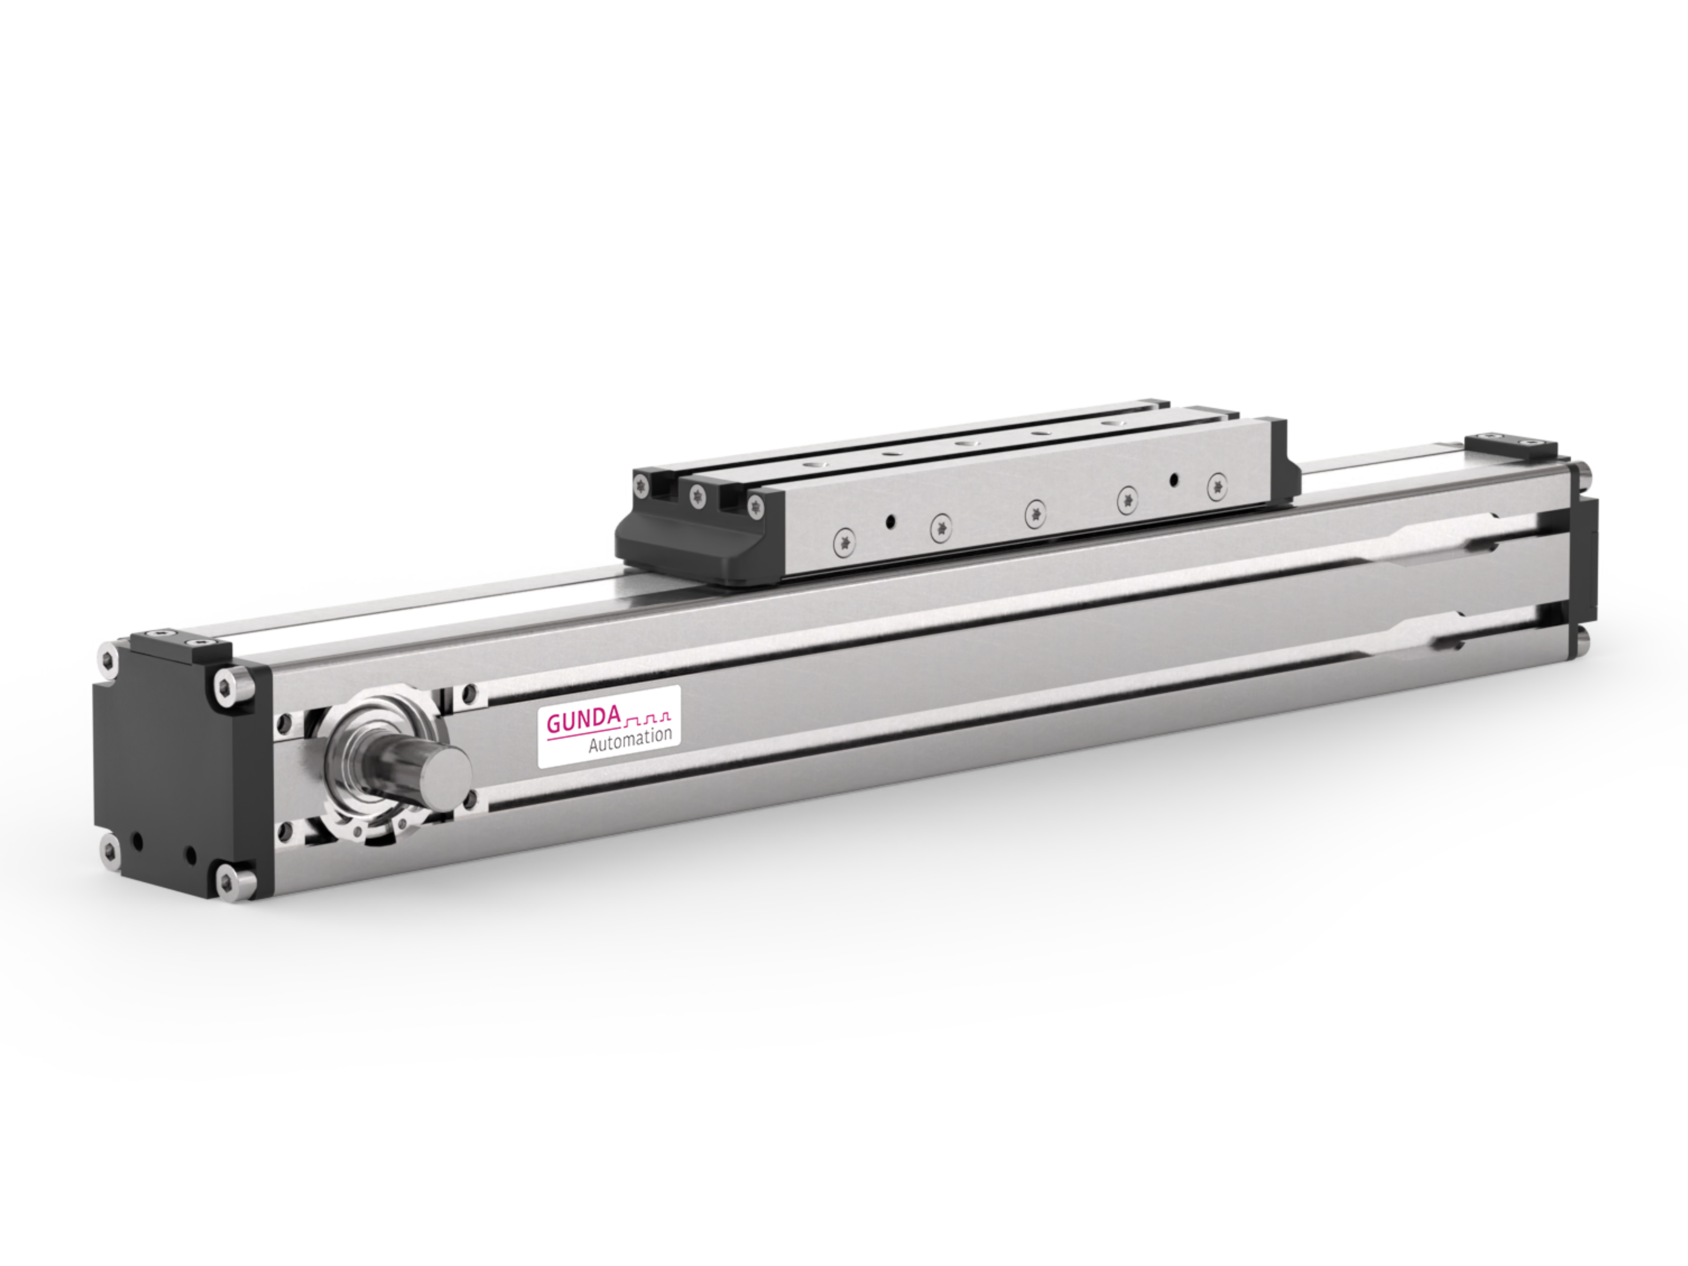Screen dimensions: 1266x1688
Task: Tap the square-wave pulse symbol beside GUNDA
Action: tap(648, 717)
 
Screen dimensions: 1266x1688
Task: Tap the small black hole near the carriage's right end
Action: tap(1174, 479)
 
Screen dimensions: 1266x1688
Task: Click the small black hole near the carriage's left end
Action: tap(889, 522)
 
